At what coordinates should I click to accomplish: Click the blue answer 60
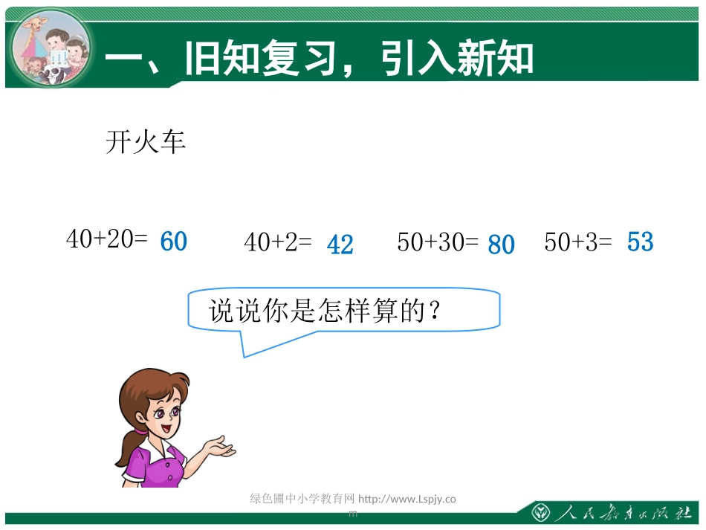173,242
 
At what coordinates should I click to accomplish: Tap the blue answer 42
340,245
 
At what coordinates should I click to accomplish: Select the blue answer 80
501,245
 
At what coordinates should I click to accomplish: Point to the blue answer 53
640,242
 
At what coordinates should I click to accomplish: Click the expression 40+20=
107,239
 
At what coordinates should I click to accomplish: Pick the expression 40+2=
277,242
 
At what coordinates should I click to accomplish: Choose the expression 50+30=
438,242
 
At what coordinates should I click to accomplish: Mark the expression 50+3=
577,242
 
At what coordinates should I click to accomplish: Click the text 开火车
146,142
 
